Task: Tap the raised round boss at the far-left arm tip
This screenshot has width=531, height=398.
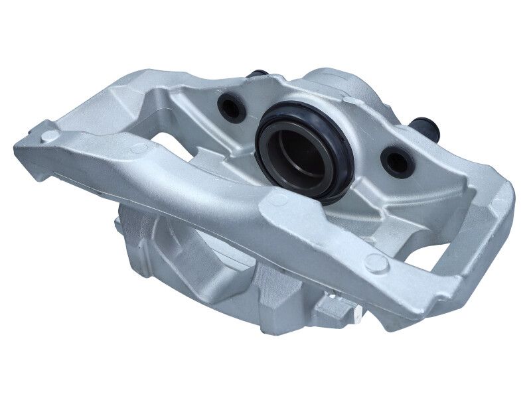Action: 48,137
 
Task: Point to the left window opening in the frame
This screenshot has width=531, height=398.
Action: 166,133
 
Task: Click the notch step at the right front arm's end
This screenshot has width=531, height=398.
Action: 458,292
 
